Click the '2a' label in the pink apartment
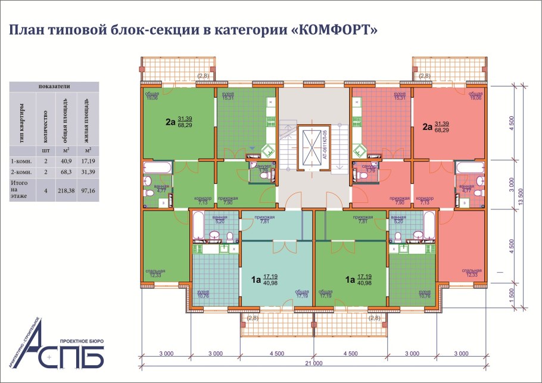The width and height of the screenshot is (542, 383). click(x=427, y=126)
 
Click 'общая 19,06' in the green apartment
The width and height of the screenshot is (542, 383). click(x=152, y=96)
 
